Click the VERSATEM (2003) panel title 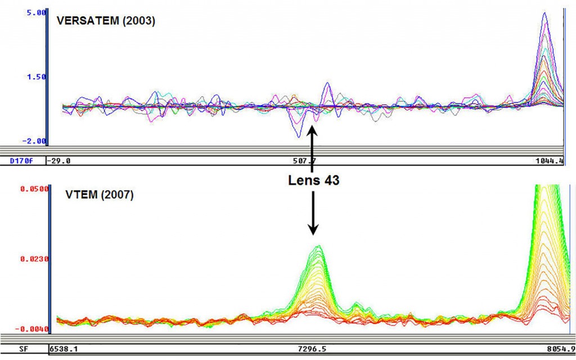[106, 21]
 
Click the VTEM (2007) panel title [95, 196]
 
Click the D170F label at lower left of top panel [22, 161]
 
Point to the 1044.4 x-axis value [550, 161]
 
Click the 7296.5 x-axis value [312, 349]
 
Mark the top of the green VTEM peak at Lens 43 [319, 246]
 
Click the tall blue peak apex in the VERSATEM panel [544, 13]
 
